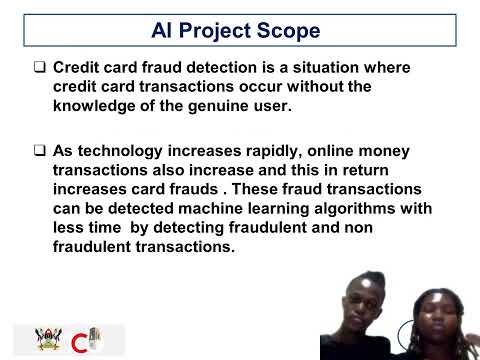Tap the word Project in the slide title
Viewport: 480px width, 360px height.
tap(219, 31)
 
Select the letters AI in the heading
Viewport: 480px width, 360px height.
tap(163, 31)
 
